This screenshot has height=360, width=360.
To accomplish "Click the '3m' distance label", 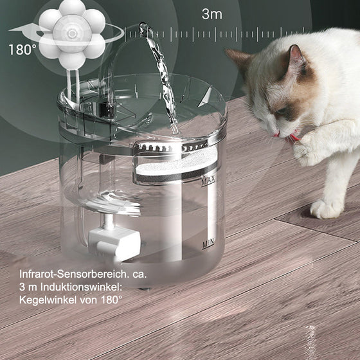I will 212,14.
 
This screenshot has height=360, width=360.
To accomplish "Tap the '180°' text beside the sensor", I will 22,49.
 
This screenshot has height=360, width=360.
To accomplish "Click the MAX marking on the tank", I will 207,182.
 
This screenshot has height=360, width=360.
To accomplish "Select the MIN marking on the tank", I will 208,244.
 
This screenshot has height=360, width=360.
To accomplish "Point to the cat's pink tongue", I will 293,137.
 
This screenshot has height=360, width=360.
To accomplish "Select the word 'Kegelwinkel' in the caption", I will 48,300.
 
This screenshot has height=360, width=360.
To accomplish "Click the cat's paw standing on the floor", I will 326,208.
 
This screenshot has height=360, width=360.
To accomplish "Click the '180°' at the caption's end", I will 111,300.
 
